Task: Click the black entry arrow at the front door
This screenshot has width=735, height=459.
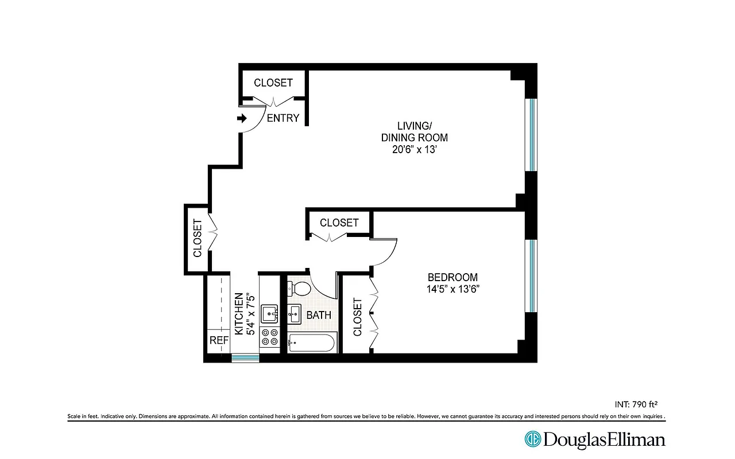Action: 242,118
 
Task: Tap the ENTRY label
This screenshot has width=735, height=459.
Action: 283,118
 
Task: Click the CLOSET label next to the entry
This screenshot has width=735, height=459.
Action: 273,83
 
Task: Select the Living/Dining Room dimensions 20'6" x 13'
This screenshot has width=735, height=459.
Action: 414,150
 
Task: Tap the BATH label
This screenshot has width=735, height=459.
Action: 318,315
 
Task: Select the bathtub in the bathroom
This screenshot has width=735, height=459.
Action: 311,343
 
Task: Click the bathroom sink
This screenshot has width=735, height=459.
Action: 295,314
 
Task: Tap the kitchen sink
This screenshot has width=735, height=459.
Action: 269,314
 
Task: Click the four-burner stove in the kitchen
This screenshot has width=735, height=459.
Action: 269,337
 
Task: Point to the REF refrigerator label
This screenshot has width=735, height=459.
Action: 219,340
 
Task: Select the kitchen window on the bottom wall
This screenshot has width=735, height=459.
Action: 245,358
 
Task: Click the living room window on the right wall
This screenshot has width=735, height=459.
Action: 532,135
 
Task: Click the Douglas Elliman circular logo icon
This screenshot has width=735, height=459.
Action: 532,439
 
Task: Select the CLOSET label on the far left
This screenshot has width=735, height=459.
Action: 197,238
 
